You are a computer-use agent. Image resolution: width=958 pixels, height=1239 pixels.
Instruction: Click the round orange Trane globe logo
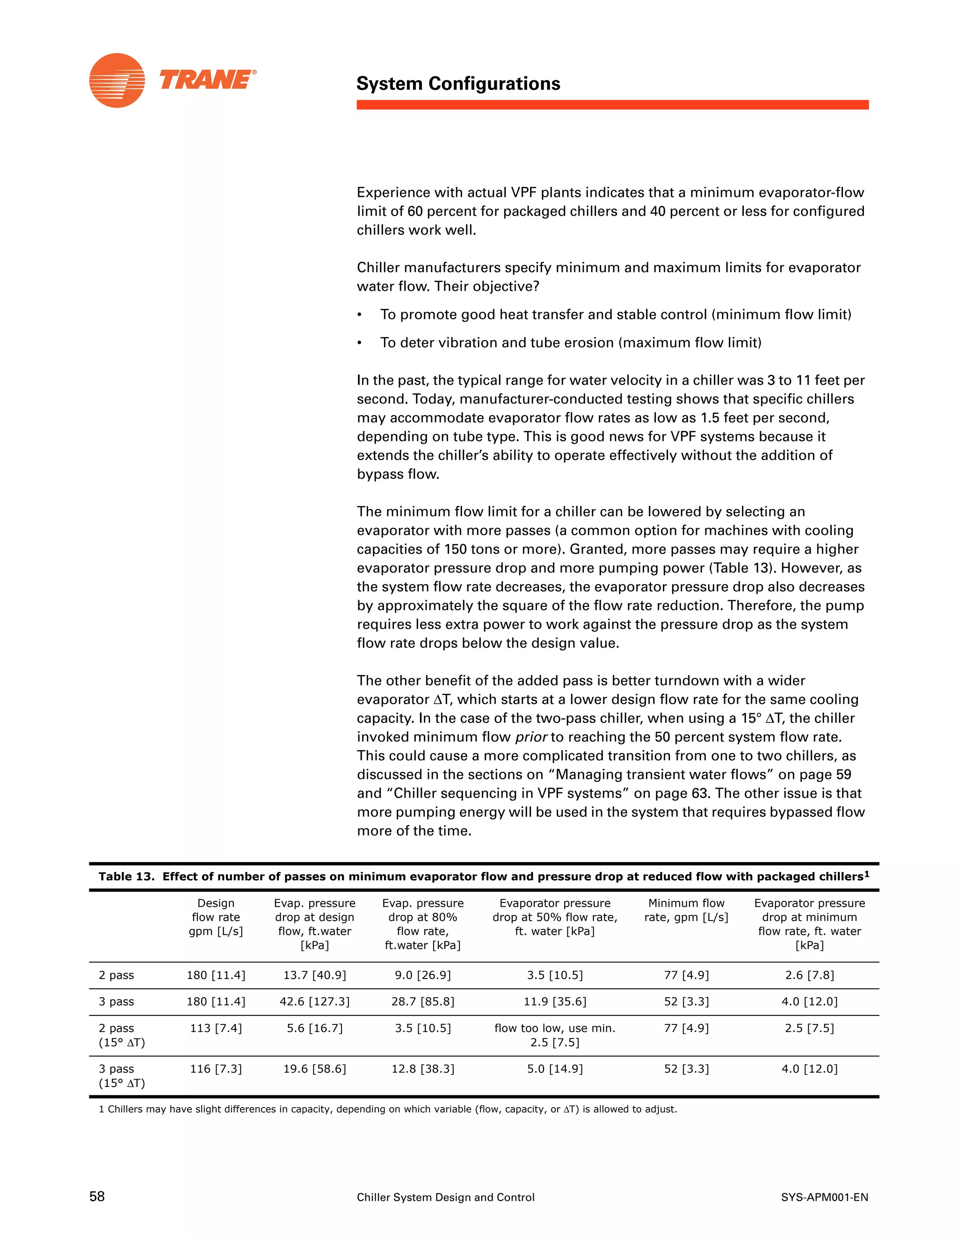(x=117, y=80)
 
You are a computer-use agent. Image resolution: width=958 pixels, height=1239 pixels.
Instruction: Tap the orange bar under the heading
(x=612, y=105)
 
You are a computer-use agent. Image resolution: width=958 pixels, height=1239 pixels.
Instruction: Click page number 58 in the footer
(x=97, y=1196)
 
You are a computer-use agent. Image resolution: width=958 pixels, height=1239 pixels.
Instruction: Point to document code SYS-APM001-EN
(x=824, y=1197)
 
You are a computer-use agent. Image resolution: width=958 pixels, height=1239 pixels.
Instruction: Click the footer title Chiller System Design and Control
(x=445, y=1197)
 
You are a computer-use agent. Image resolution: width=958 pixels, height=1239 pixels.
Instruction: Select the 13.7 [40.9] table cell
(x=314, y=975)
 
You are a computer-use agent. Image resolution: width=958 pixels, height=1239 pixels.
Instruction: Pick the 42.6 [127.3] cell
(x=314, y=1001)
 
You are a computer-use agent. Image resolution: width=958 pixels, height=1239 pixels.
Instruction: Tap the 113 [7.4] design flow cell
(x=216, y=1028)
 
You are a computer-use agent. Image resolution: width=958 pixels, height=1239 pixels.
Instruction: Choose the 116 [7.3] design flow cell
(x=216, y=1069)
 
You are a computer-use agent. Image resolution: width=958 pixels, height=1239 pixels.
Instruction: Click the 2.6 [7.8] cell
(x=809, y=975)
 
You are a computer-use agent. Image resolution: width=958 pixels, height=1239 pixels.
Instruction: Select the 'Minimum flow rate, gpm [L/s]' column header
(x=686, y=910)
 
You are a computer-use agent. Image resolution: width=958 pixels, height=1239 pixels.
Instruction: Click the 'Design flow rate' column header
(x=216, y=917)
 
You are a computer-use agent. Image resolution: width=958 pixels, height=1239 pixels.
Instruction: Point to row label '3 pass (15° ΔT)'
(x=122, y=1076)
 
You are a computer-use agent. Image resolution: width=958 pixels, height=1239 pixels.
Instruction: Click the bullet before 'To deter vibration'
(x=359, y=343)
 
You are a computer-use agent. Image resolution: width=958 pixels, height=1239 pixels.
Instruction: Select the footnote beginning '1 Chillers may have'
(x=388, y=1109)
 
